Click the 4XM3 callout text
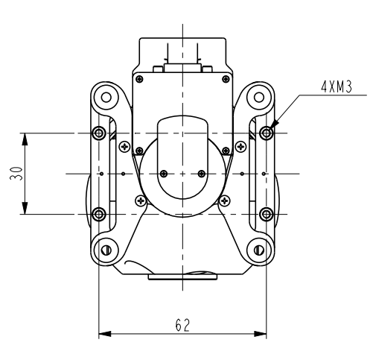(336, 86)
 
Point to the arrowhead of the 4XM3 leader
(273, 127)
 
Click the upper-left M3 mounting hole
(99, 133)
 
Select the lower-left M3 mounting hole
(99, 215)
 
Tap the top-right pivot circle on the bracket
(260, 97)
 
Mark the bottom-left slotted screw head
(106, 250)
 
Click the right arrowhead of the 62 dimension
(263, 334)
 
